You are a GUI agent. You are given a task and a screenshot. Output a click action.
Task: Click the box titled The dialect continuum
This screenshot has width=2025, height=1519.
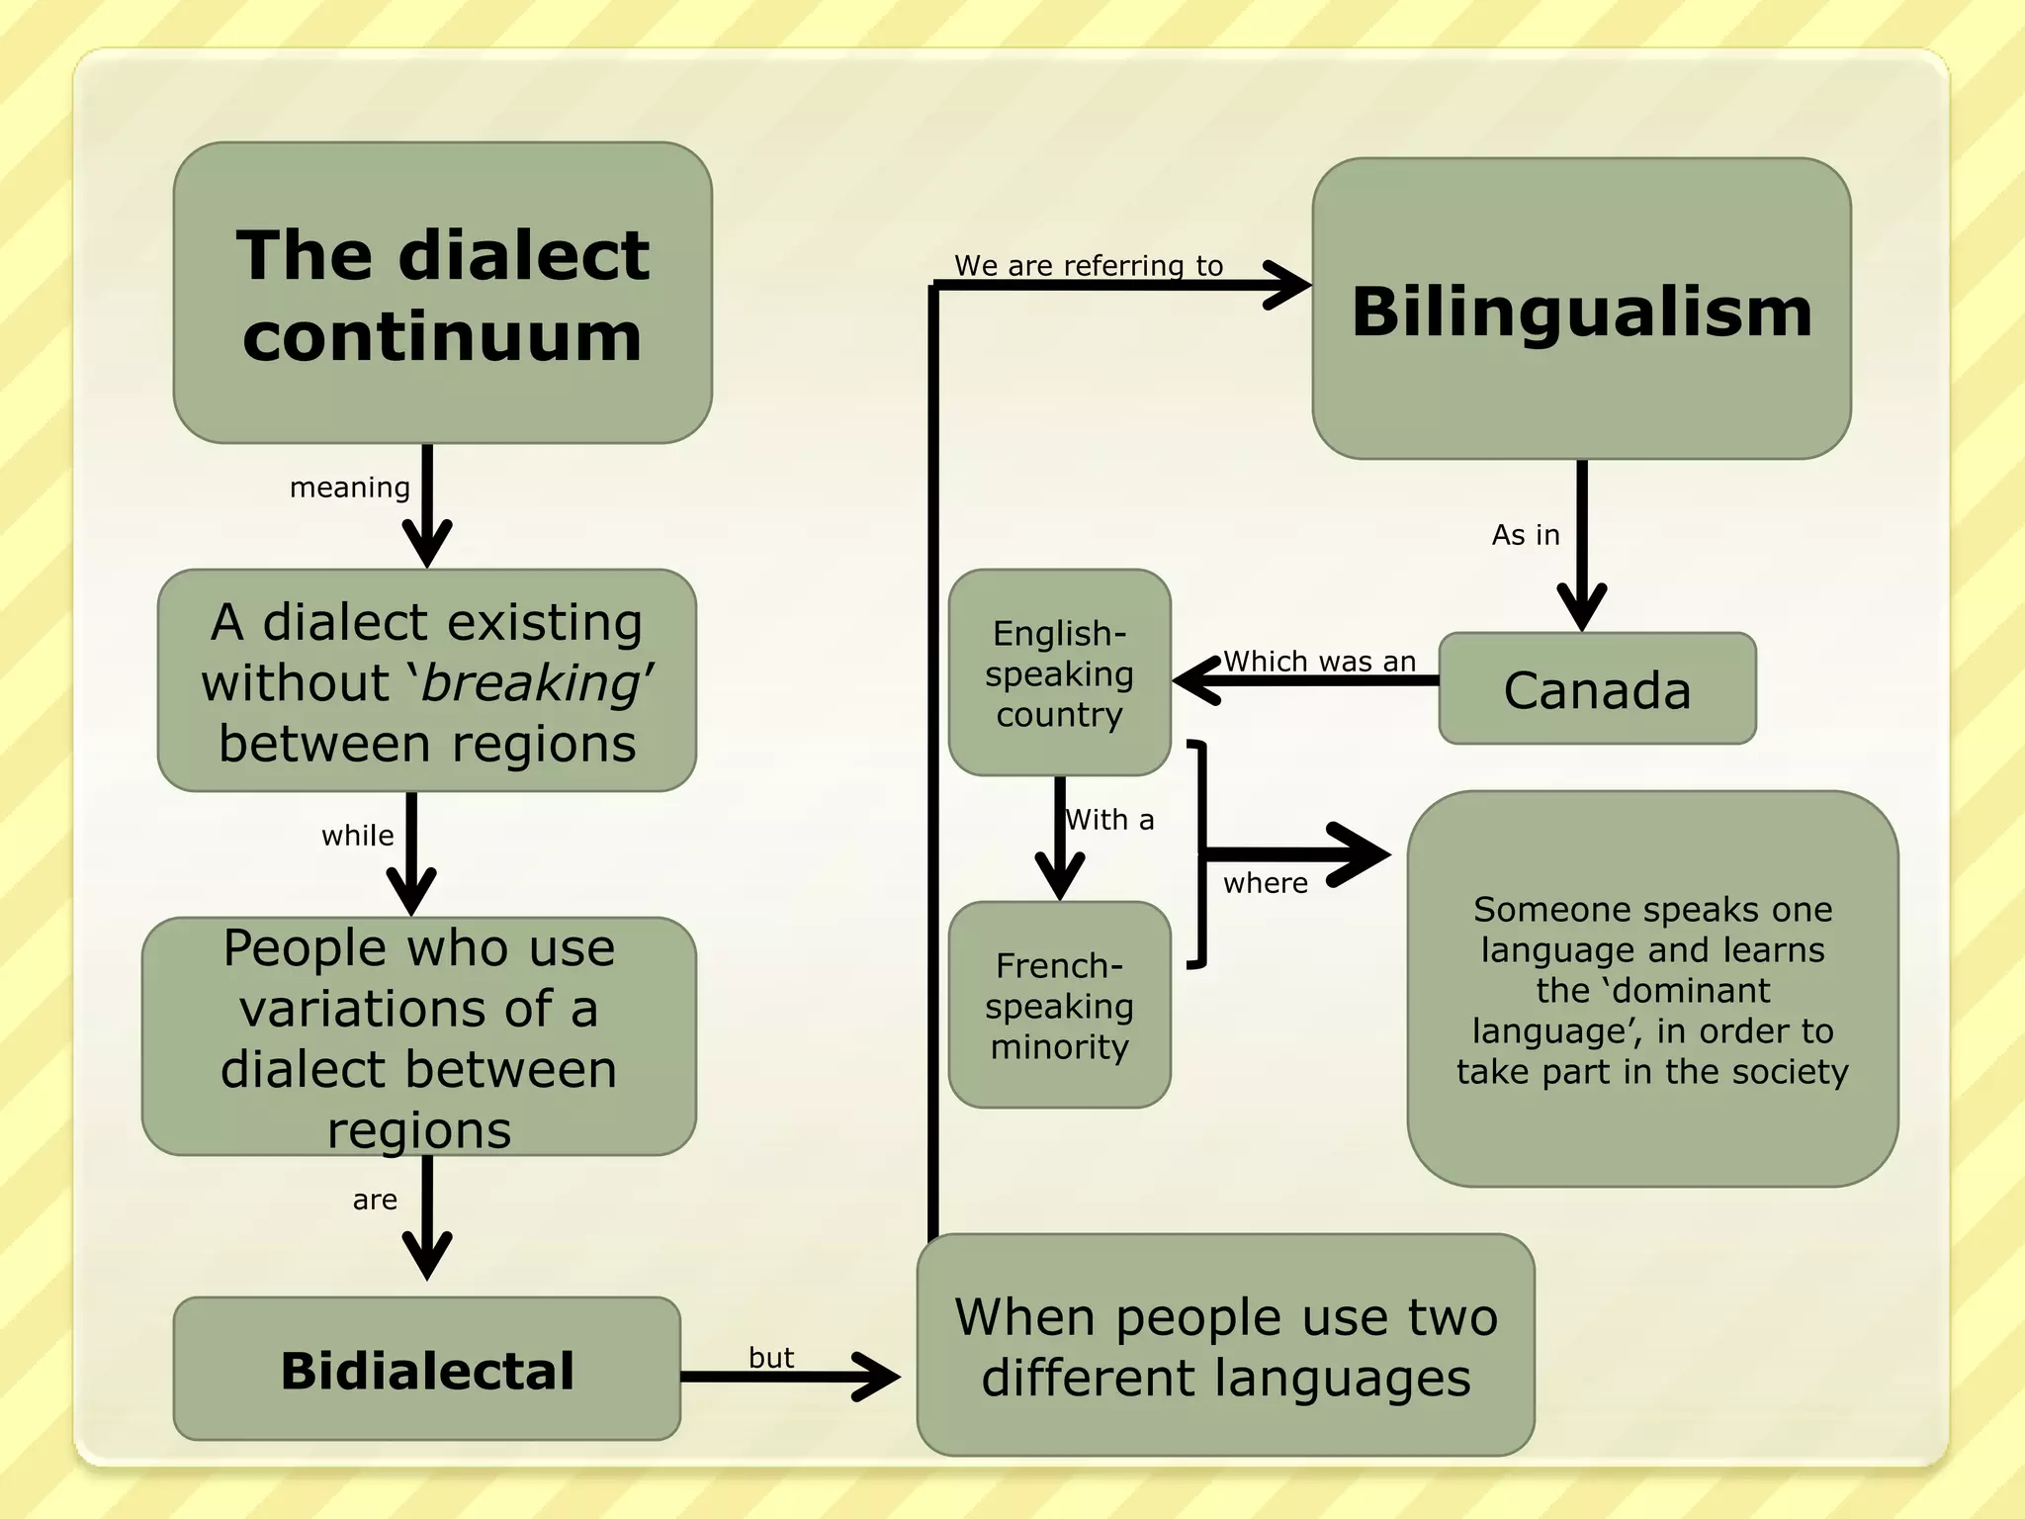442,293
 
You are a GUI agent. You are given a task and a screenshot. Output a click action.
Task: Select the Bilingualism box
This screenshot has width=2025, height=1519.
1581,309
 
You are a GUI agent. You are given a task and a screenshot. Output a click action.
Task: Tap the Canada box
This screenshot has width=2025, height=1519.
1597,689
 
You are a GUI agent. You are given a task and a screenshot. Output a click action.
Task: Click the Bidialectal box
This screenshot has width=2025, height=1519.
426,1370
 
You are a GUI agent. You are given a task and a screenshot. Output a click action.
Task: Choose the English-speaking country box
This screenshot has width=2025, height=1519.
1059,672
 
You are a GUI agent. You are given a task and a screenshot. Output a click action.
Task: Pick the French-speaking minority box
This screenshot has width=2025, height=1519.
1059,1005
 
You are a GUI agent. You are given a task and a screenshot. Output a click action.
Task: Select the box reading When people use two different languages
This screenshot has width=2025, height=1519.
1225,1346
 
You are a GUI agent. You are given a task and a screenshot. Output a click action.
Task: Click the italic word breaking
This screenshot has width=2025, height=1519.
531,682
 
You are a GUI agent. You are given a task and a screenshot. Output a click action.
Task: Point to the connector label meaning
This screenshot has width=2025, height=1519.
349,488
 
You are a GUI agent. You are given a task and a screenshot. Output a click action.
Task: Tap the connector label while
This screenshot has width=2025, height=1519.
357,836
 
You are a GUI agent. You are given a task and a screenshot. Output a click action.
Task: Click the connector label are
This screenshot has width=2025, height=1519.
375,1200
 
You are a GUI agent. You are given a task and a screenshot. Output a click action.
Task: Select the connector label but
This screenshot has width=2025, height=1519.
771,1357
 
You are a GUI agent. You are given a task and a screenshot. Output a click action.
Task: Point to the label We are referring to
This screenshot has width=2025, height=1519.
1089,265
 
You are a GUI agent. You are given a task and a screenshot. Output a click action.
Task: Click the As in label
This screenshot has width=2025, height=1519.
1526,535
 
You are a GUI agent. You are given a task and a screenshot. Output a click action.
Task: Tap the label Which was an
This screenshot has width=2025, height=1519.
1319,661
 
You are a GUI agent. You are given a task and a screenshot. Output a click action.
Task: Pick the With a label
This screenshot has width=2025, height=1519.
1109,820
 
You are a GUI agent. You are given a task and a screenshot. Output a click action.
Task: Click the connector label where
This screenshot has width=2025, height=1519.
1266,883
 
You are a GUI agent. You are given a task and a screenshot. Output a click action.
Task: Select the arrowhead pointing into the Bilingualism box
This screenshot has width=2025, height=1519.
1289,286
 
